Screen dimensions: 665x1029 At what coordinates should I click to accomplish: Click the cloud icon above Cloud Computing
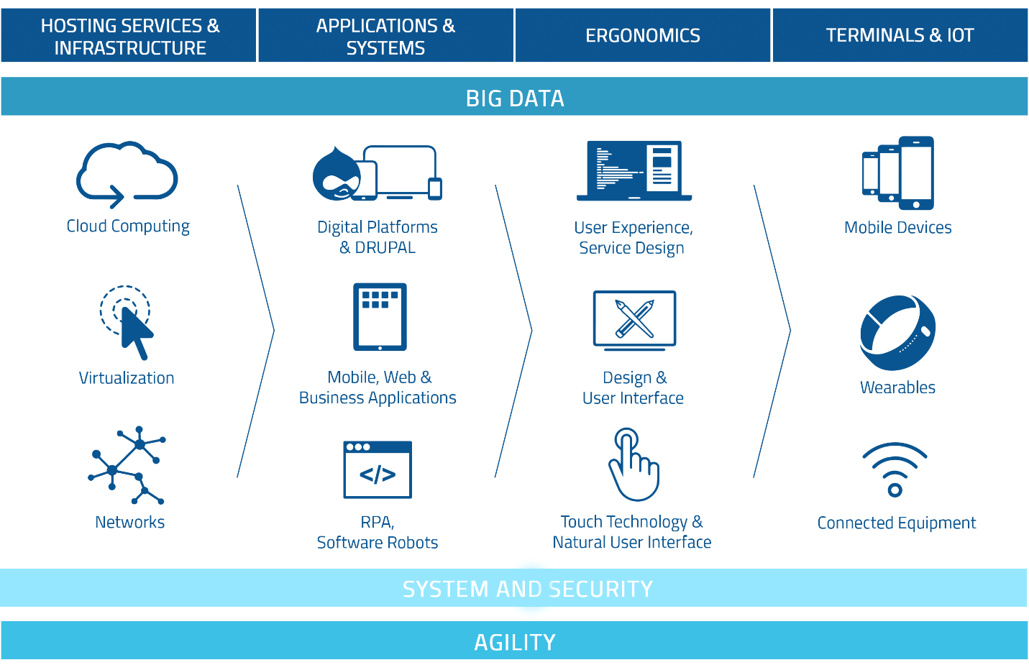pyautogui.click(x=127, y=173)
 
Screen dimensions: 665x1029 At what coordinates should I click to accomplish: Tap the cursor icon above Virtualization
pyautogui.click(x=128, y=321)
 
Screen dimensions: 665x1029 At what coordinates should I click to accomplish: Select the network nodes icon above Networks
pyautogui.click(x=127, y=465)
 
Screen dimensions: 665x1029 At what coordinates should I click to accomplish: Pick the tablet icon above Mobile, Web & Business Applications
pyautogui.click(x=380, y=316)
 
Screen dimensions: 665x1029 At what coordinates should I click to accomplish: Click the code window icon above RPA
pyautogui.click(x=378, y=469)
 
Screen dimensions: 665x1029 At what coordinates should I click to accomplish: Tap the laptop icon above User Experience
pyautogui.click(x=634, y=171)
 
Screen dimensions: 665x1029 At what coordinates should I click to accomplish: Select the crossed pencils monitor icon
pyautogui.click(x=634, y=319)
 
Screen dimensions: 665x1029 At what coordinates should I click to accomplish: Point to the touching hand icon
pyautogui.click(x=633, y=465)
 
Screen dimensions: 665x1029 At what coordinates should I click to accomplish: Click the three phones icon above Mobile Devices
pyautogui.click(x=898, y=173)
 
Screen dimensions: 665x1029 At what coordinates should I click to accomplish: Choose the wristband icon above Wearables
pyautogui.click(x=897, y=332)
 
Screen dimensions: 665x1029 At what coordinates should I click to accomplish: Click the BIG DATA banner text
pyautogui.click(x=515, y=98)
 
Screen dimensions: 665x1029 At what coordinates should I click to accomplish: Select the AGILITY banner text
pyautogui.click(x=515, y=642)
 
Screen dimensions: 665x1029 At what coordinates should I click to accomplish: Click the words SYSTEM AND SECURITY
pyautogui.click(x=527, y=589)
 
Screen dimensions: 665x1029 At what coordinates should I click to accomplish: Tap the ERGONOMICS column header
pyautogui.click(x=643, y=35)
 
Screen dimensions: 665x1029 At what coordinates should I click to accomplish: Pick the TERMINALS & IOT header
pyautogui.click(x=900, y=35)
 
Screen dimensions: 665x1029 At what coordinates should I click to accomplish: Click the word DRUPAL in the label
pyautogui.click(x=385, y=247)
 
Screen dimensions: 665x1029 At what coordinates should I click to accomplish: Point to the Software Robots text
pyautogui.click(x=378, y=543)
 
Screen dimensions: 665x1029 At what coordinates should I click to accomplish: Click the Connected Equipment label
pyautogui.click(x=896, y=523)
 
